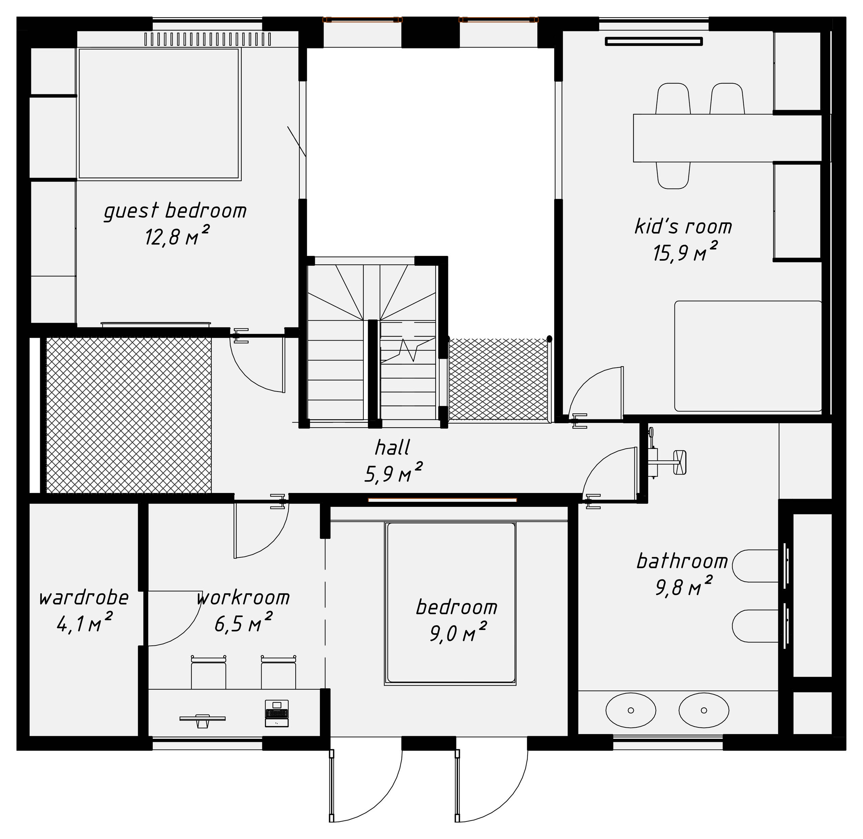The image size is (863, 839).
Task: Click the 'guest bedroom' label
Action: pos(175,211)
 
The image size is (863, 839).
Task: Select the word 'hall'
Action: pos(392,448)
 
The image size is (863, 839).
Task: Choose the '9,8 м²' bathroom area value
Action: pos(683,587)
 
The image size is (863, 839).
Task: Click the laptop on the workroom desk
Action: pos(277,713)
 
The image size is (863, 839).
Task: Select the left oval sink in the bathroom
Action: pos(630,710)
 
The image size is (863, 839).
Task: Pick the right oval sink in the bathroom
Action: pos(704,710)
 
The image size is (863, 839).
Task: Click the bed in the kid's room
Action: pos(748,356)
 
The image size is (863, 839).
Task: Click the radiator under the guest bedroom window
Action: pos(207,39)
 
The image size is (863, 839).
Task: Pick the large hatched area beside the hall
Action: pos(129,415)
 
